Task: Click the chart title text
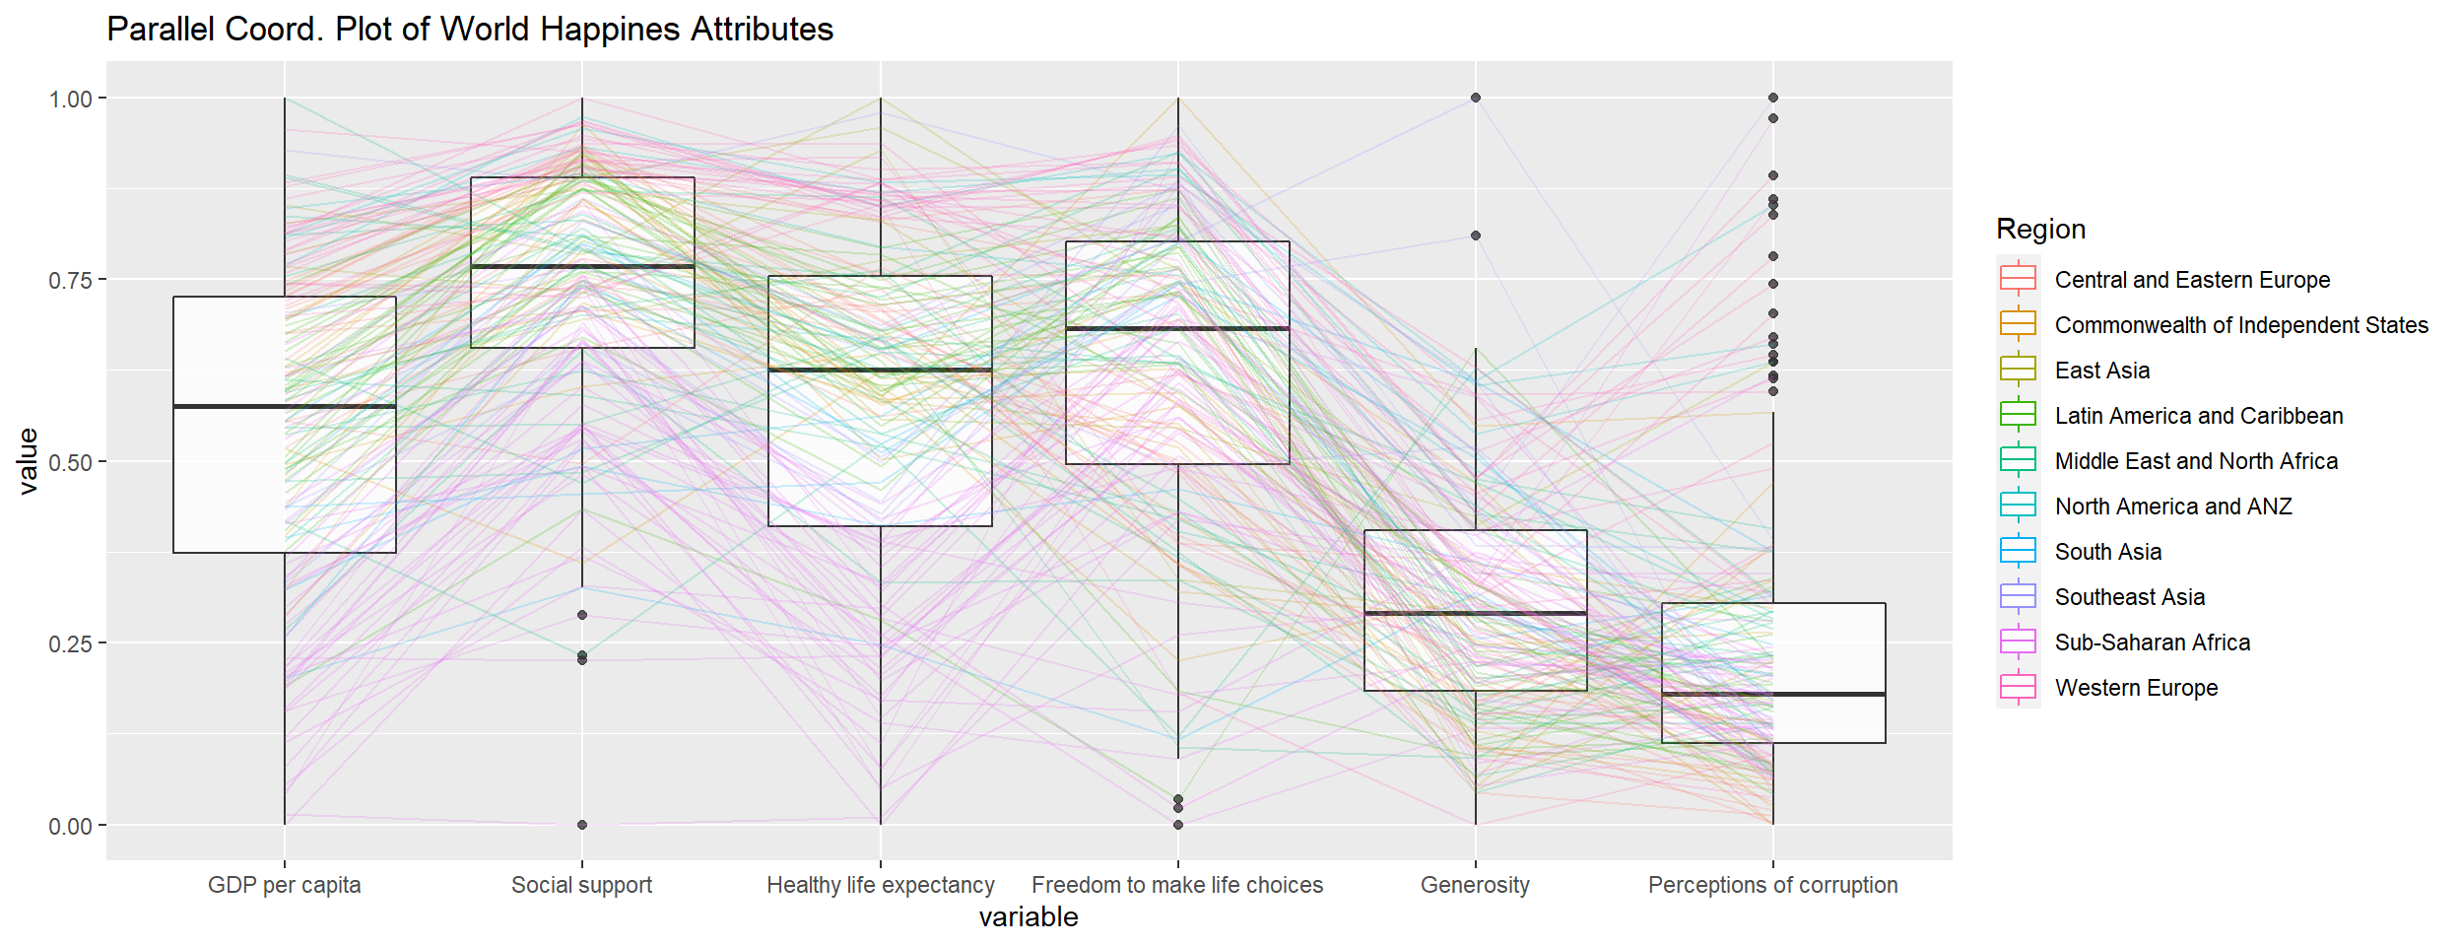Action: pos(470,30)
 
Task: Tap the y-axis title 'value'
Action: pos(28,461)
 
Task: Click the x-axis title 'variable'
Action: pos(1029,917)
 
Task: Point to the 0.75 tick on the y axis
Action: pos(70,281)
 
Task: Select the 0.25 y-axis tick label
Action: pos(70,644)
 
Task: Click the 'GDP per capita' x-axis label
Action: pos(284,885)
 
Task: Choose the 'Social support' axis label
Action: pos(581,885)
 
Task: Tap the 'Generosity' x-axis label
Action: pos(1475,885)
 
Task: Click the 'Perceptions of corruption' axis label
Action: pos(1772,885)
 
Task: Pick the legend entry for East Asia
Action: pos(2102,371)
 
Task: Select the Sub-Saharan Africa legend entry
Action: pos(2153,642)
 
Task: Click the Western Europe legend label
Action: pos(2136,688)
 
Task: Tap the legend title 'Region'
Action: pos(2040,229)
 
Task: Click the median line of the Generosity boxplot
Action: pos(1475,613)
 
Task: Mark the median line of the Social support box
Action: pos(581,266)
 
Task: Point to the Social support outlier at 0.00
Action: pos(582,825)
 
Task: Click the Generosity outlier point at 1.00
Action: pos(1475,98)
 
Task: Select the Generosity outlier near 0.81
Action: pos(1475,236)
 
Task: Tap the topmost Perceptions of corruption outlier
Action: pos(1772,98)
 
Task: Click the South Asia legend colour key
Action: pos(2018,552)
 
